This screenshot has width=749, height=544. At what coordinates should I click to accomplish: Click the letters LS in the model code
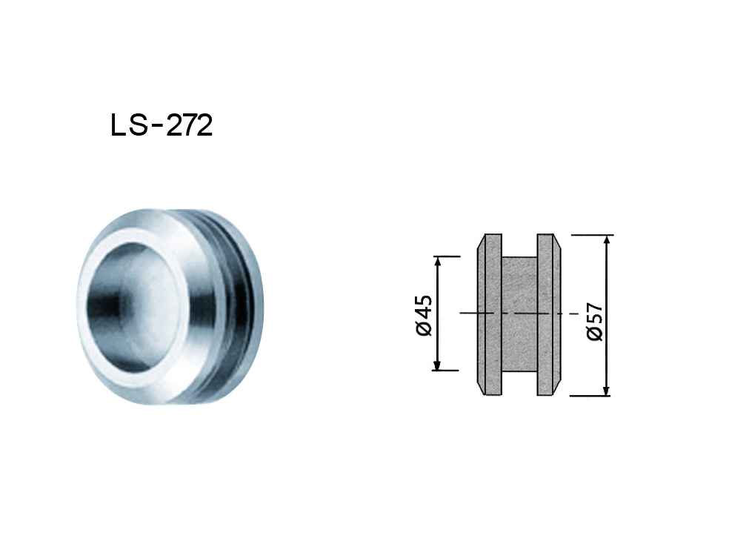[x=128, y=126]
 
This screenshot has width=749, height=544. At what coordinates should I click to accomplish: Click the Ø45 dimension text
[x=423, y=316]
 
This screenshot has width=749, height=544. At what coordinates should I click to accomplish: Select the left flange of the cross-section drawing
[x=489, y=315]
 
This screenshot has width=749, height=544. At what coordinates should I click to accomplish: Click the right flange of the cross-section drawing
[x=548, y=315]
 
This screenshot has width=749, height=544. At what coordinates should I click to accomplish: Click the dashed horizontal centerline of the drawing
[x=519, y=314]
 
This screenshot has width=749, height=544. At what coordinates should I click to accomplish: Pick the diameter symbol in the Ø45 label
[x=423, y=328]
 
